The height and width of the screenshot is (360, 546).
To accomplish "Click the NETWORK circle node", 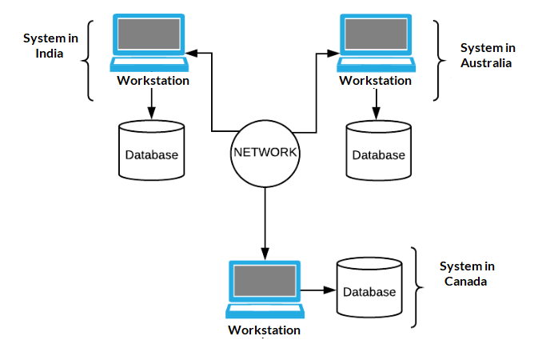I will click(x=265, y=152).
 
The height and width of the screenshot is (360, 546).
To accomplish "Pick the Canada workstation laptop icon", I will click(x=264, y=289).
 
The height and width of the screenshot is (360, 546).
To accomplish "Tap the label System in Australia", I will click(x=487, y=55).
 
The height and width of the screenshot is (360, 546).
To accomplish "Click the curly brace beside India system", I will click(x=90, y=61).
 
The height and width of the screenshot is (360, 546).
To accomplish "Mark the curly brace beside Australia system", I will click(x=437, y=61).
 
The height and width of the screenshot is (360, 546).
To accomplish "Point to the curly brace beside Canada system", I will click(x=414, y=287).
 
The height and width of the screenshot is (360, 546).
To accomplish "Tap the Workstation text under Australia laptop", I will click(x=376, y=80).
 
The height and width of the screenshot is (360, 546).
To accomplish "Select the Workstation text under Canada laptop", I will click(x=264, y=330).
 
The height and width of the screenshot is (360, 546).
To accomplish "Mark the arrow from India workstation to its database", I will click(x=152, y=102).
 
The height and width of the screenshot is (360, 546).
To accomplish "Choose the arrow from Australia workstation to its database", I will click(x=376, y=104).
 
